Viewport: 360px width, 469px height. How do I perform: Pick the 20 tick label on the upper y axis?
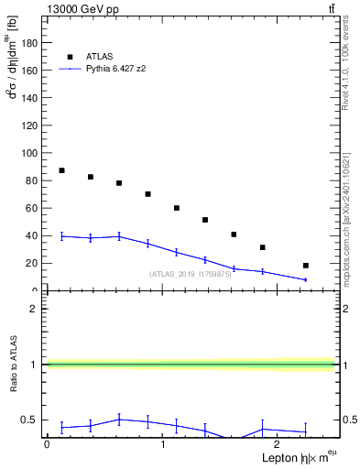click(32, 263)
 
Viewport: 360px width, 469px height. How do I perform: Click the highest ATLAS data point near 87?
click(61, 170)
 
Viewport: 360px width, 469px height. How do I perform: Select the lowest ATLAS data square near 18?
click(306, 266)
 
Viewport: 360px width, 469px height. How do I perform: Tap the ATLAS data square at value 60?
click(177, 208)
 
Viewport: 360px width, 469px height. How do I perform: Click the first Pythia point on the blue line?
click(61, 236)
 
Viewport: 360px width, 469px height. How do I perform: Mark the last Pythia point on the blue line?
click(306, 279)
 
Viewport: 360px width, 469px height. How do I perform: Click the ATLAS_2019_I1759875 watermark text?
click(191, 274)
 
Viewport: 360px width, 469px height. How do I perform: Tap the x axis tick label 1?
click(163, 443)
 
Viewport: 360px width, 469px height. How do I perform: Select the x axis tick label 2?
click(278, 443)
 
